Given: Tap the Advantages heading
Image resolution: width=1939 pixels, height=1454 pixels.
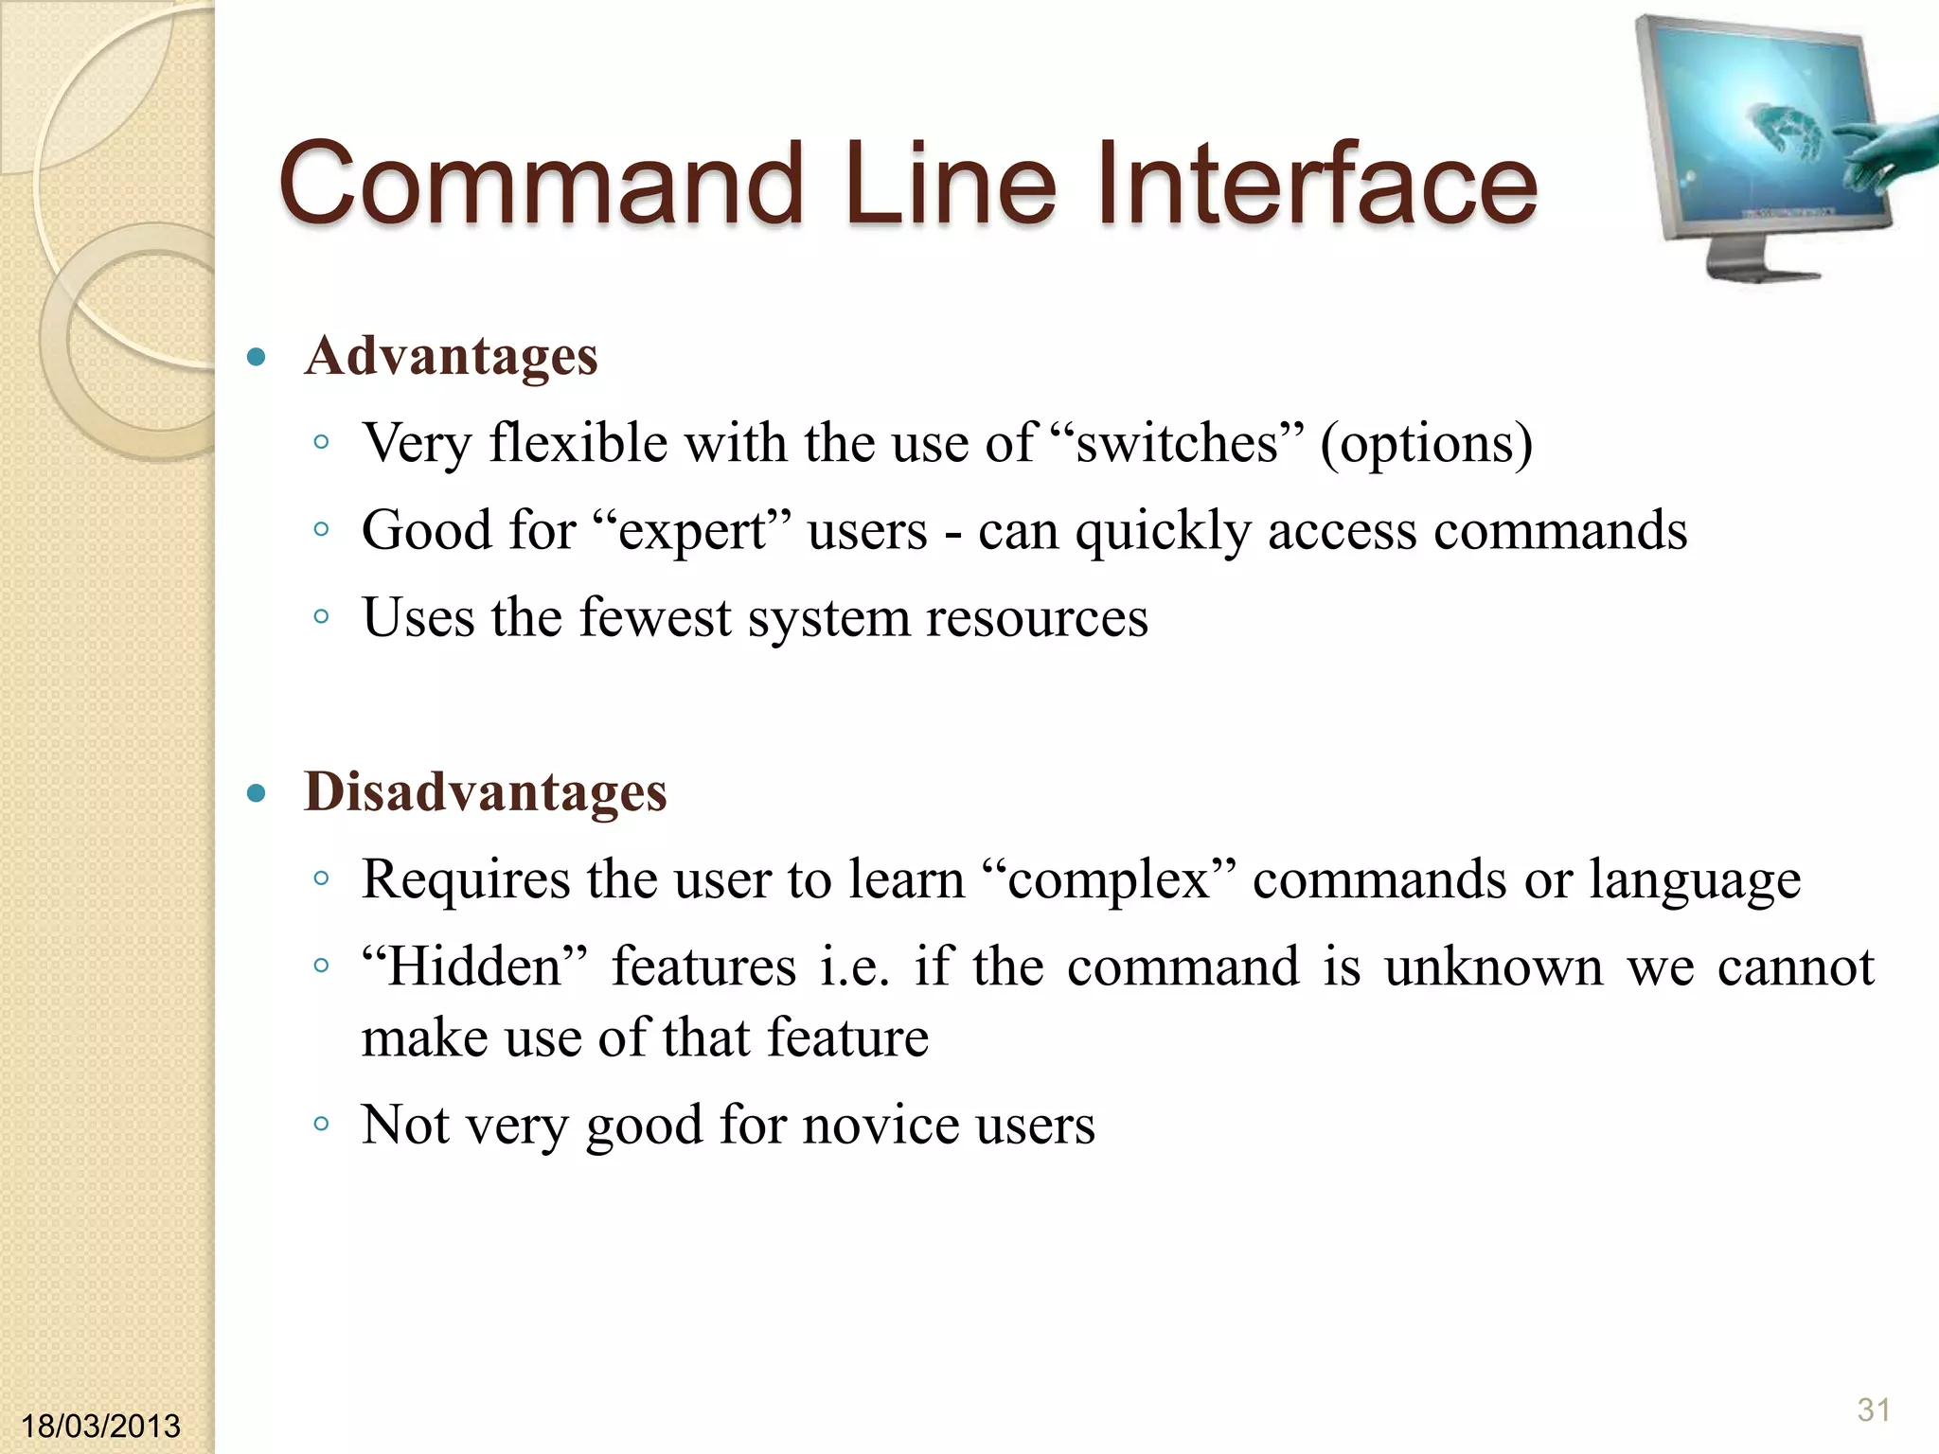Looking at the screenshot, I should point(451,357).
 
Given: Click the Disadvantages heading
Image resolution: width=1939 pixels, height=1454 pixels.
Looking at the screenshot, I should point(485,792).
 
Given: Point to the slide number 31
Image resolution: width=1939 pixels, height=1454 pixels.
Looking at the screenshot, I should point(1874,1410).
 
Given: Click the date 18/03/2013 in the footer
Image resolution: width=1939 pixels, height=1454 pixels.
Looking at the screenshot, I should point(100,1426).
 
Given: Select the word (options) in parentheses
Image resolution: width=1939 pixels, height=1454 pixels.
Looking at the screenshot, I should point(1426,443).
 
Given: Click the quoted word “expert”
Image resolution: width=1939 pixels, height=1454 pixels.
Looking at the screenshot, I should point(692,530).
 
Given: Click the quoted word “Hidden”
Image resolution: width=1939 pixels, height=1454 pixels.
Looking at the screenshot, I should point(474,967).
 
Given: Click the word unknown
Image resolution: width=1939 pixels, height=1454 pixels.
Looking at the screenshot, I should point(1493,967).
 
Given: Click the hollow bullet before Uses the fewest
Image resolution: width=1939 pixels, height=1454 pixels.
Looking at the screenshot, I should point(321,617).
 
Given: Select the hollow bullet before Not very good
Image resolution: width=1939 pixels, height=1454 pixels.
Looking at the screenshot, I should point(321,1125).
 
